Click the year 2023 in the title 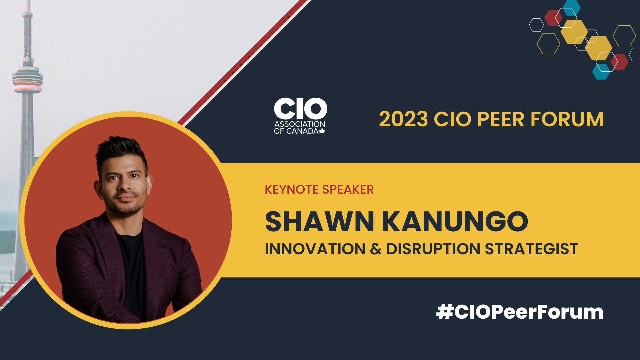coord(403,119)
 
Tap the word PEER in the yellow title coord(501,119)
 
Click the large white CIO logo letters coord(300,109)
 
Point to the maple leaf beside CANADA coord(322,131)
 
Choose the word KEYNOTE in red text coord(291,190)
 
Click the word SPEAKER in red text coord(348,190)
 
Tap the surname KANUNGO coord(455,221)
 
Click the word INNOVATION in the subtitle coord(315,249)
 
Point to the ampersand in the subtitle coord(376,249)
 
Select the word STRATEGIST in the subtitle coord(531,249)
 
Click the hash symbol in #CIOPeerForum coord(445,312)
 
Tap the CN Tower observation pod coord(28,79)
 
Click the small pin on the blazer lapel coord(163,247)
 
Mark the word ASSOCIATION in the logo coord(300,124)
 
